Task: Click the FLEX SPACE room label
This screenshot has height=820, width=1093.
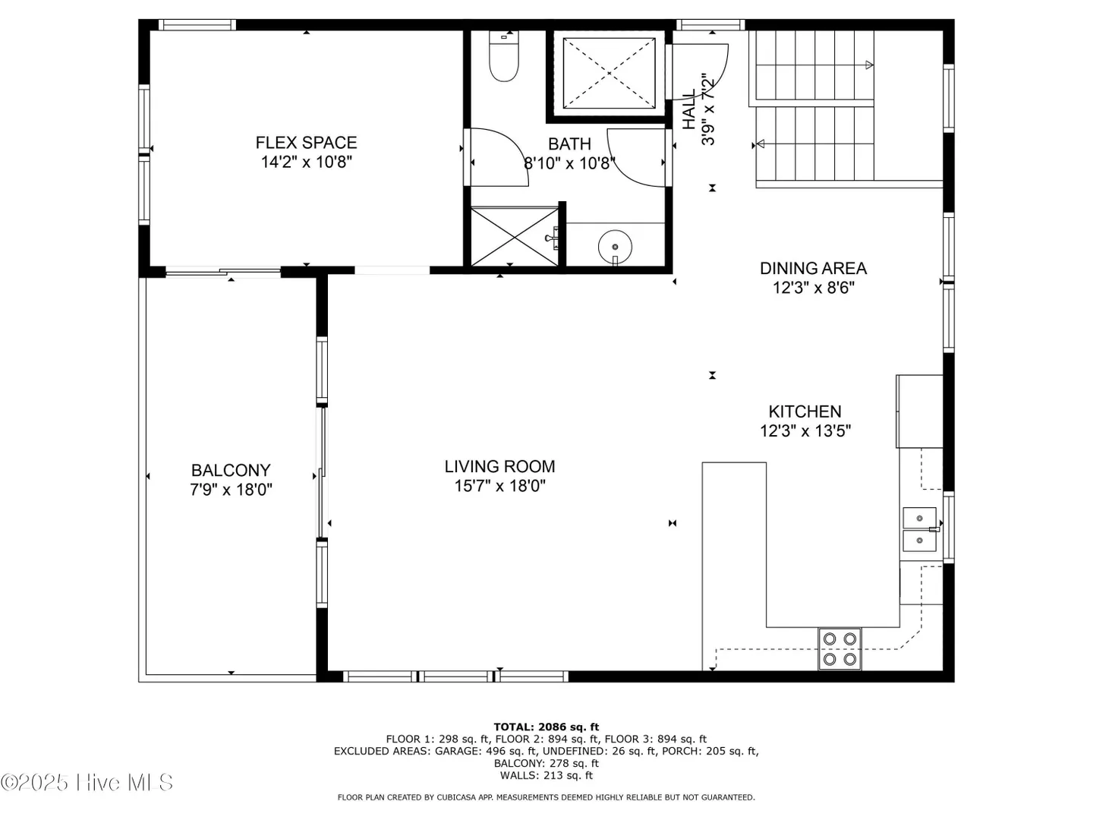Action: [x=306, y=143]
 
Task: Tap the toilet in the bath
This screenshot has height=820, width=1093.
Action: [x=503, y=55]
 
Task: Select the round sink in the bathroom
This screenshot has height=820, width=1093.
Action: [x=615, y=248]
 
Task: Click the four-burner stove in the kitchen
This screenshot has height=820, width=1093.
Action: [x=839, y=648]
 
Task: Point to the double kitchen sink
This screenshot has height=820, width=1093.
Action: [x=919, y=529]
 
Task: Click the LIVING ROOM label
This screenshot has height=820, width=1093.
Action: [x=499, y=466]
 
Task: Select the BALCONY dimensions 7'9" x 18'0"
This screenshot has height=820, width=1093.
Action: [x=231, y=490]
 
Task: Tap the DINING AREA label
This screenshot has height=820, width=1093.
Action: [x=813, y=268]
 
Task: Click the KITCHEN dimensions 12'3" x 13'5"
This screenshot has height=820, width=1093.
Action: [x=805, y=430]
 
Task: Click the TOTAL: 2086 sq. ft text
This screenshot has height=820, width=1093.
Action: [x=546, y=727]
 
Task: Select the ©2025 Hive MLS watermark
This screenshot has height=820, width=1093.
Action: [x=87, y=782]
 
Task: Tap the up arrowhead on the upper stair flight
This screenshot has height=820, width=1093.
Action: [x=869, y=65]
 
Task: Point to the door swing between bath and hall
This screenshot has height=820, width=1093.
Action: [x=636, y=158]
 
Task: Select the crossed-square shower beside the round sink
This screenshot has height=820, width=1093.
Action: [x=515, y=237]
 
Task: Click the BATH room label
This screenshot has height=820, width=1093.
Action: [x=569, y=144]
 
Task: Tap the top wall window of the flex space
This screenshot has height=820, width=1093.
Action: [x=197, y=25]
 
